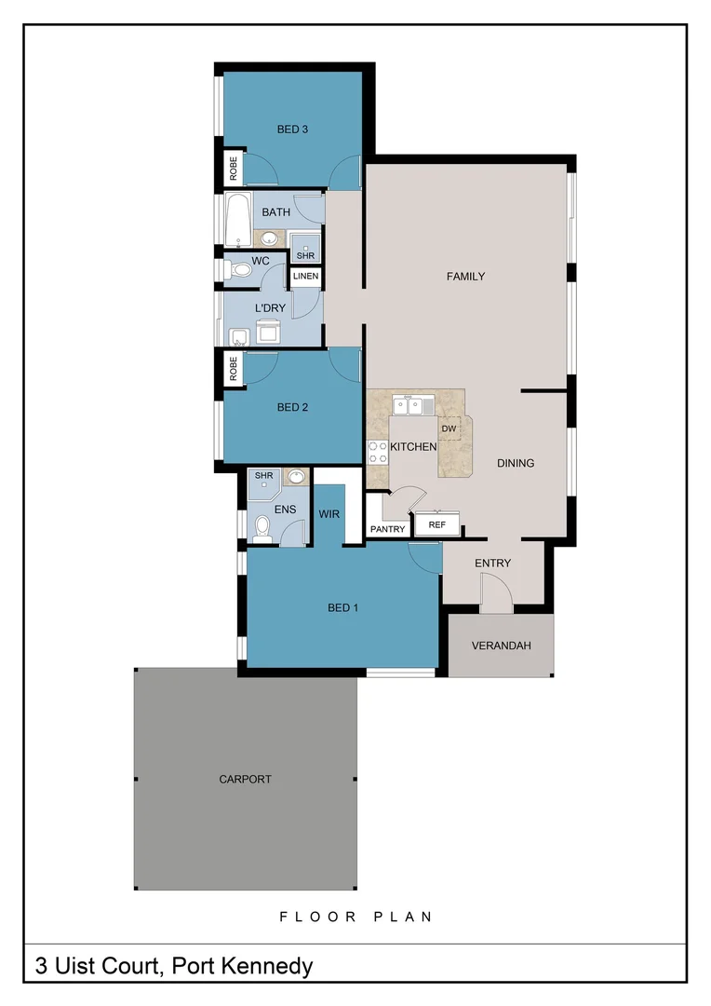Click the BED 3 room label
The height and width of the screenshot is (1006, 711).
point(292,129)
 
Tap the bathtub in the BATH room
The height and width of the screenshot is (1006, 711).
point(237,220)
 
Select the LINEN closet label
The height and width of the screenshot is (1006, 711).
point(305,277)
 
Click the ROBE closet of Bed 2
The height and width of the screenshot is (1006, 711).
point(233,370)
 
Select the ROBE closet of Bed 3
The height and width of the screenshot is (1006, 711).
point(233,169)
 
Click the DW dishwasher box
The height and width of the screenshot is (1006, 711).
point(449,428)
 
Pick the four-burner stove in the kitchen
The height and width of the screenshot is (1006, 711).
point(378,453)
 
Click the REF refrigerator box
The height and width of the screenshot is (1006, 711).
point(436,525)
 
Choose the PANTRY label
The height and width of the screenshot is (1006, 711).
point(387,529)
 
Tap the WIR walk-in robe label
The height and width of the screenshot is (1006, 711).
point(329,513)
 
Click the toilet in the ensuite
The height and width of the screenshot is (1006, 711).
point(262,529)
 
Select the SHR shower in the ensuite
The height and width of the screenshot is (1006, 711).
point(263,477)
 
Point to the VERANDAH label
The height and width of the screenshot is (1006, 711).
point(501,646)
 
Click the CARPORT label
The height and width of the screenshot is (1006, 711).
point(245,779)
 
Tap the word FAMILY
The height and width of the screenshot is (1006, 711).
point(465,277)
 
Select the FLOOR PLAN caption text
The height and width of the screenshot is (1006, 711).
point(355,917)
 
